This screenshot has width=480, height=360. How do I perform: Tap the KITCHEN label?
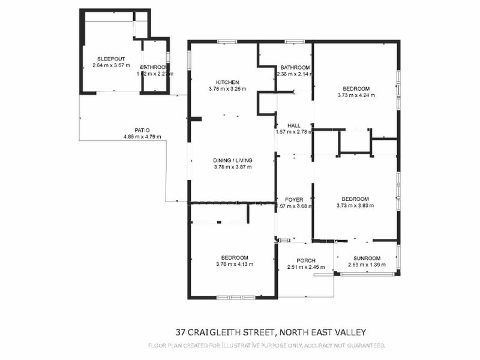228,82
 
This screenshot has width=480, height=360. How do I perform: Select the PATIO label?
142,130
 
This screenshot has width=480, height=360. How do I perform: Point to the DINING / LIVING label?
233,160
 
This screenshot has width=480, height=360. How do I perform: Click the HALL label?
294,125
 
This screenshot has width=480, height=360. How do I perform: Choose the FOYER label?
294,199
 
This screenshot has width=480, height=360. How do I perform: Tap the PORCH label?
306,260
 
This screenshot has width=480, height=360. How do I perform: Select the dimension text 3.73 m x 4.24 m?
356,95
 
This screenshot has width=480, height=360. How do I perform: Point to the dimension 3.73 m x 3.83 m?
355,205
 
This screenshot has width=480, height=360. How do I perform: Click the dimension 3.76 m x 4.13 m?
235,264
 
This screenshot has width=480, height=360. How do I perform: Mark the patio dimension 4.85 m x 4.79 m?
142,137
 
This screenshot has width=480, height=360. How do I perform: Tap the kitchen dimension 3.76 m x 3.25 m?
227,89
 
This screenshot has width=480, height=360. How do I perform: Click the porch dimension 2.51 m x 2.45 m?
306,268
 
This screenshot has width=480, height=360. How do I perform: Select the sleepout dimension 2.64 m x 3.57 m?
111,65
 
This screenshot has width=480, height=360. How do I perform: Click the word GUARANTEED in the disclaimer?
362,346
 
